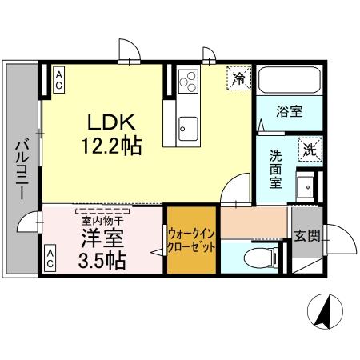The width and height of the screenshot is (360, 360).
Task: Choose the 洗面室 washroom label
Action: click(x=274, y=170)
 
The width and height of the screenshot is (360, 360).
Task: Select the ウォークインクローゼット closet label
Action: click(x=191, y=241)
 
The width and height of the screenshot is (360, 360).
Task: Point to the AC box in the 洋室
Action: click(x=50, y=258)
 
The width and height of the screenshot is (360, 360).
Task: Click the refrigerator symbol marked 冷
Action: click(x=238, y=77)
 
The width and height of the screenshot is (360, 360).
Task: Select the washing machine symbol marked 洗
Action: click(x=308, y=150)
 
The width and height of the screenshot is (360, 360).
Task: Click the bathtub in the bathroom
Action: click(x=289, y=82)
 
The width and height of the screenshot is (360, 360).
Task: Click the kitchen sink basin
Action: click(x=189, y=126)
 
